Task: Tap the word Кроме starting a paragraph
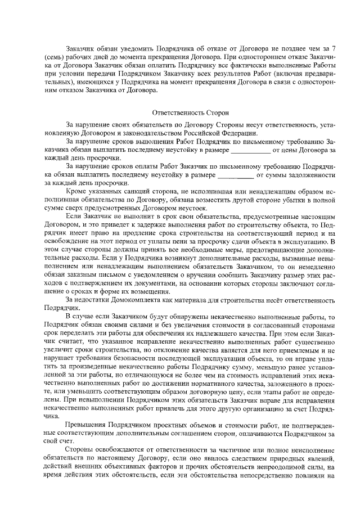(x=76, y=192)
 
